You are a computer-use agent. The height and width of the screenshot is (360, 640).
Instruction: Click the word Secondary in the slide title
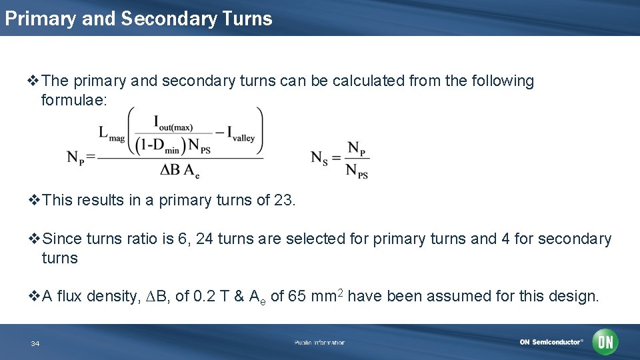(169, 19)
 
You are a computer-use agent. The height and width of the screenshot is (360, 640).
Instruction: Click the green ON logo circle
(605, 343)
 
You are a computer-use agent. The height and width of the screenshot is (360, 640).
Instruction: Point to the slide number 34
(35, 343)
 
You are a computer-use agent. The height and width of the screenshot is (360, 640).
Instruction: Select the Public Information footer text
(319, 343)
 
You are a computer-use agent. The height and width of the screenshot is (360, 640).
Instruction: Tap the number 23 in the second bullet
(283, 200)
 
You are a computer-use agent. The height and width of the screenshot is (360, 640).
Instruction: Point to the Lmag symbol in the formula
(111, 133)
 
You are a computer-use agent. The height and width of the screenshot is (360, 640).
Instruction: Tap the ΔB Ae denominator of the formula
(179, 171)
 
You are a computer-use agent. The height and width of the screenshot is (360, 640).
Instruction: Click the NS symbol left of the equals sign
(319, 158)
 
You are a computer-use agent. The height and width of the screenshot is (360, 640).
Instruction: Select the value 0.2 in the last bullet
(203, 296)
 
